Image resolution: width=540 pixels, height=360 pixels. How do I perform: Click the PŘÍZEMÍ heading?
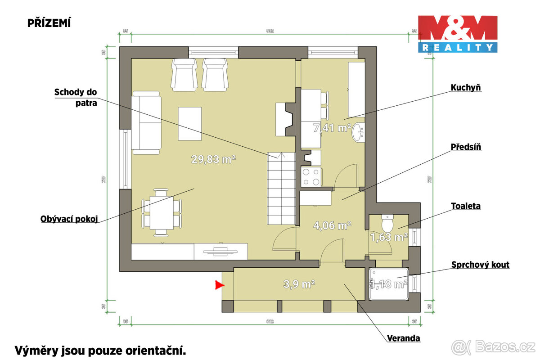click(x=49, y=23)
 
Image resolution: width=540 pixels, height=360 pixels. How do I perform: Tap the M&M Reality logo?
click(x=458, y=34)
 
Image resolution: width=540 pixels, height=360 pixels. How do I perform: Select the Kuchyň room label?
click(x=466, y=87)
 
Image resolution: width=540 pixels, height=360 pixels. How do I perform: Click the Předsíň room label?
click(x=467, y=147)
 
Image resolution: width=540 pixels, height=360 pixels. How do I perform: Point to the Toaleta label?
click(x=466, y=206)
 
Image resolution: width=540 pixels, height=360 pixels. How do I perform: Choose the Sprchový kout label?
click(x=480, y=265)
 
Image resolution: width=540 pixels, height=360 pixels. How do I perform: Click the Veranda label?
click(x=404, y=338)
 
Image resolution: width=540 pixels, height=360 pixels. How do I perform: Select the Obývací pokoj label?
click(x=69, y=219)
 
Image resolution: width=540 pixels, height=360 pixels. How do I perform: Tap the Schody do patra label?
click(x=76, y=97)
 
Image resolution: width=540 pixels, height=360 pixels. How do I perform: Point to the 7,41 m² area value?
click(x=332, y=128)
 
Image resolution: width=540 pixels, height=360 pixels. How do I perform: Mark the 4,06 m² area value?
click(x=332, y=225)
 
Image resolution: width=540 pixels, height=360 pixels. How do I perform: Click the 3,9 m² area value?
click(x=299, y=284)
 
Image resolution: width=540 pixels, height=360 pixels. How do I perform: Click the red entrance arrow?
click(x=219, y=284)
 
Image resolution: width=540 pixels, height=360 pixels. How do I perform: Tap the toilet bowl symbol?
click(x=387, y=222)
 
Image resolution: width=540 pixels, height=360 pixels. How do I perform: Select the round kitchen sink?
click(x=359, y=131)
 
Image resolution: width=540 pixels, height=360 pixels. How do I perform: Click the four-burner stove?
click(x=311, y=176)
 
